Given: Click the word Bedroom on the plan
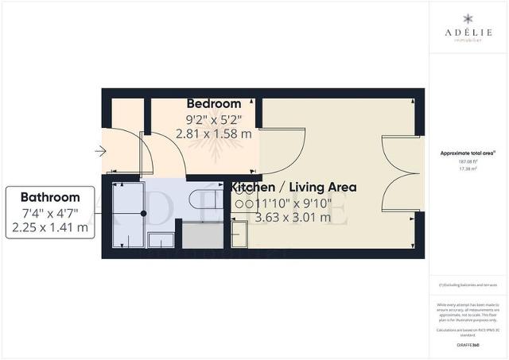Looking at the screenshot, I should point(213,104).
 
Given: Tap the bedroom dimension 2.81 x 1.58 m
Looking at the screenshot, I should point(213,134).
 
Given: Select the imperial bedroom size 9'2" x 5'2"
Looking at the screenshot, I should point(213,119).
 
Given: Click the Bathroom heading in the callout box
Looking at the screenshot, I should point(50,197).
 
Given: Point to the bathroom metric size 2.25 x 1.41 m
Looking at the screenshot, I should point(50,227).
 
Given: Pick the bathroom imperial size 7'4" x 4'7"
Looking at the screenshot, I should point(50,212).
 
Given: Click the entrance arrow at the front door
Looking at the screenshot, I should point(99,150).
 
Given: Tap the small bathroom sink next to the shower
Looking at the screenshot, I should point(161,239).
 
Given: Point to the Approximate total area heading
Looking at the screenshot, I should point(468,152).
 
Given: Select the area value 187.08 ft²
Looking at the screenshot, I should point(468,161).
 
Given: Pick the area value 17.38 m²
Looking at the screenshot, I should point(468,168).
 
